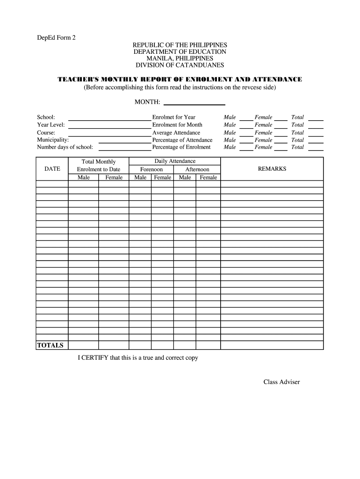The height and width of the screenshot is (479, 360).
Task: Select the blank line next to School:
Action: click(x=110, y=118)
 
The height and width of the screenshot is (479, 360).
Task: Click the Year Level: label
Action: click(x=51, y=125)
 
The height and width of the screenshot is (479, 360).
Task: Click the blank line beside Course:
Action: click(x=110, y=133)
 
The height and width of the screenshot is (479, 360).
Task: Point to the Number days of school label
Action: click(x=65, y=147)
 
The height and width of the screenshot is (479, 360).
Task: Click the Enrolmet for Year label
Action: click(x=173, y=117)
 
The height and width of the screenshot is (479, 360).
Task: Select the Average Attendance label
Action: click(x=176, y=132)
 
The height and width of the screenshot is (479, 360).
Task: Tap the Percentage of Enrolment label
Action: click(x=181, y=147)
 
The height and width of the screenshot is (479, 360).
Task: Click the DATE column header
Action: click(x=52, y=169)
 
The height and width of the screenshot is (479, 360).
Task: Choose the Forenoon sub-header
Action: click(x=151, y=169)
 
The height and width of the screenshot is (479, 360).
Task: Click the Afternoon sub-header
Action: click(x=197, y=169)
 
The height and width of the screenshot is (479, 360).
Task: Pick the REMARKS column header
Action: click(x=272, y=169)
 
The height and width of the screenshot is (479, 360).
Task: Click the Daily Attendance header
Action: click(x=175, y=161)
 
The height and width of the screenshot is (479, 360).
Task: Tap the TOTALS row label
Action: click(x=50, y=345)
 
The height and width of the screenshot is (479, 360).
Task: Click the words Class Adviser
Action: click(x=281, y=382)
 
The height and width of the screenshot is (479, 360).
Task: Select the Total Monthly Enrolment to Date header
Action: click(x=98, y=166)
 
